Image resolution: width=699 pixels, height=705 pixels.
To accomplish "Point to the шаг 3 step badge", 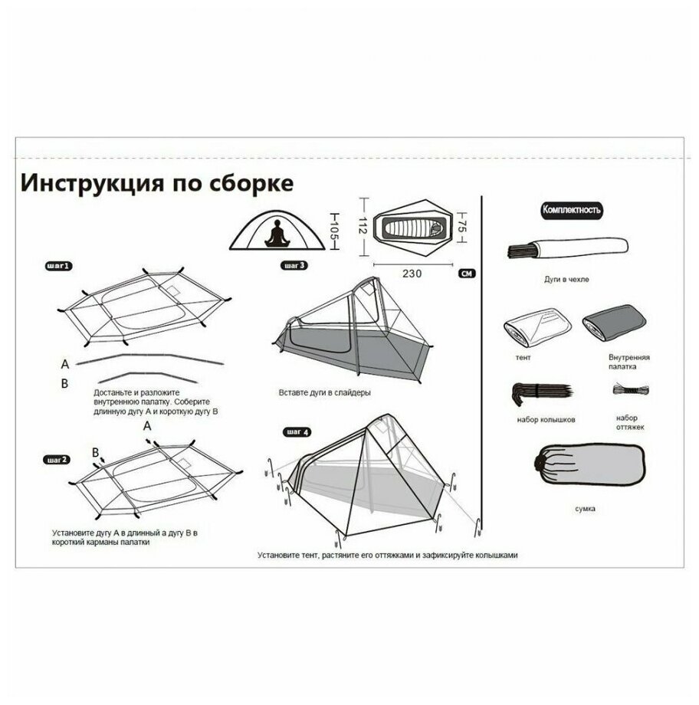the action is [294, 266].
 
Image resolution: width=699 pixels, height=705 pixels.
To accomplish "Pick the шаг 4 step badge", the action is [297, 432].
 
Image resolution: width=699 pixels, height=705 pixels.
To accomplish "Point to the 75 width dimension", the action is [462, 225].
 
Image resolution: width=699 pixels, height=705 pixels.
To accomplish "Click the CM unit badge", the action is [465, 273].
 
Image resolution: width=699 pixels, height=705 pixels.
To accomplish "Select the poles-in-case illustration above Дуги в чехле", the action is [567, 249].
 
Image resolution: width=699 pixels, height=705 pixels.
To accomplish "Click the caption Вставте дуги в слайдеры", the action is [325, 393].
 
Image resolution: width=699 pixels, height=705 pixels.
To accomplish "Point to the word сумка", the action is [586, 508].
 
